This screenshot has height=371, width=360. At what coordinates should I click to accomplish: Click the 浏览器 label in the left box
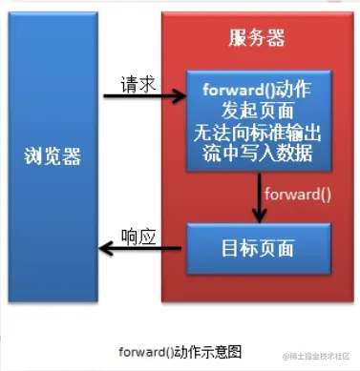[53, 156]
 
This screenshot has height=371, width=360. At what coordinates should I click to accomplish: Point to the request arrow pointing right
[143, 96]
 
